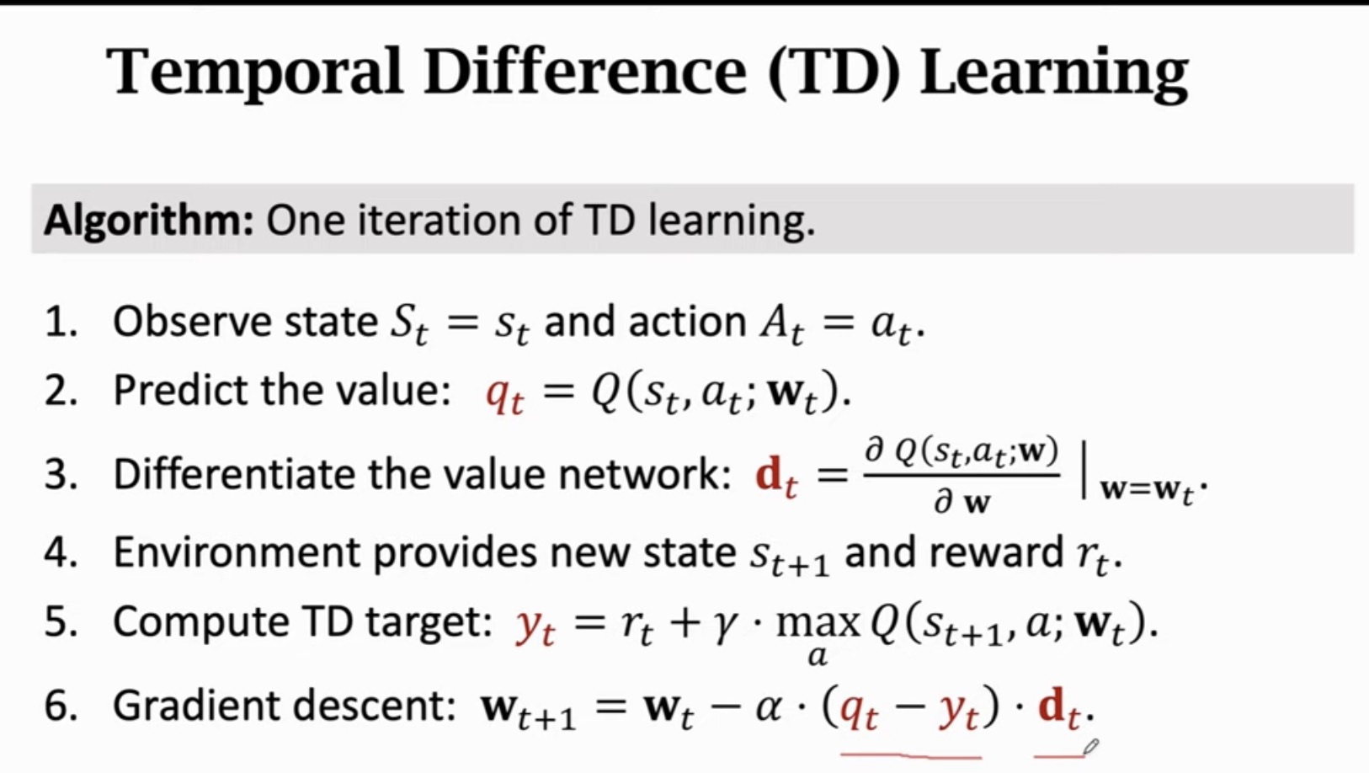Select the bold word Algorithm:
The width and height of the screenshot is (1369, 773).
[x=148, y=221]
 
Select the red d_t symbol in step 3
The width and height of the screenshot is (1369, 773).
[x=775, y=477]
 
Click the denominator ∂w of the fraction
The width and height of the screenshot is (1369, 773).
[x=961, y=503]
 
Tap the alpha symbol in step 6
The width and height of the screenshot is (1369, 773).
[x=768, y=707]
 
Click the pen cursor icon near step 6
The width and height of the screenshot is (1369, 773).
[x=1090, y=746]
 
